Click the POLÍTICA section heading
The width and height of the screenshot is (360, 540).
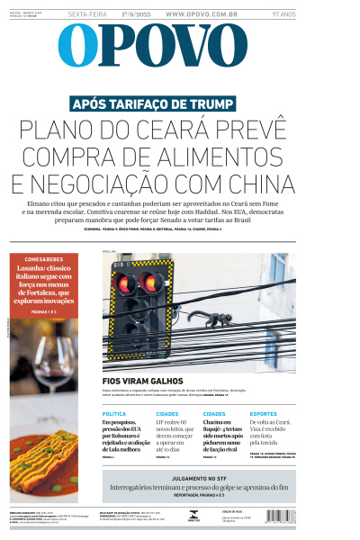(x=114, y=413)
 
